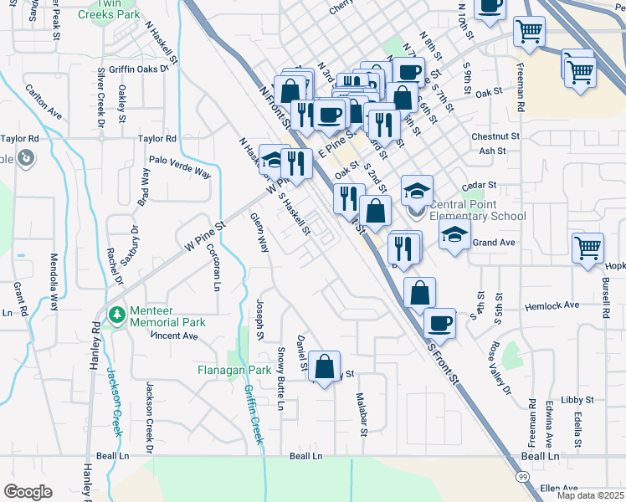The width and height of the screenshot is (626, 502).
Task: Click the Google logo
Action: [x=28, y=491]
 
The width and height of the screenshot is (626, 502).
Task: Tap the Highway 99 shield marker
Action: [x=522, y=476]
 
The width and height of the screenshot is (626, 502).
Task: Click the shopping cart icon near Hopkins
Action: [x=588, y=248]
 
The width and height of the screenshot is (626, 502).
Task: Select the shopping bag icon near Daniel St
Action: [x=324, y=366]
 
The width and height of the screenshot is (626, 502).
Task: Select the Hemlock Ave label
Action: [x=551, y=306]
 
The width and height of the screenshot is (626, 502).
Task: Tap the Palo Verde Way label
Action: [x=179, y=166]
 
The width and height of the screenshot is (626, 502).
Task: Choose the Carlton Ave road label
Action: [x=44, y=100]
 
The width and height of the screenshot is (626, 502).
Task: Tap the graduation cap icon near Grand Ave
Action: [x=454, y=235]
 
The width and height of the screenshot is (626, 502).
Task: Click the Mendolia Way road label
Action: [x=54, y=282]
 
